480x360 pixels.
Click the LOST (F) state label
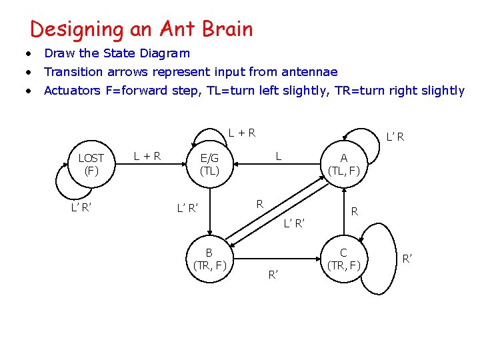(x=91, y=164)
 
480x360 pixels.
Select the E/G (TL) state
(x=209, y=164)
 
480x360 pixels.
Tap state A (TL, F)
(x=343, y=164)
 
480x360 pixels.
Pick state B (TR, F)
(x=209, y=259)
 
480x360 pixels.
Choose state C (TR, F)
(x=343, y=259)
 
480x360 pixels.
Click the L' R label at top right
(x=395, y=137)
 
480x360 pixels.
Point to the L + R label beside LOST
(x=147, y=157)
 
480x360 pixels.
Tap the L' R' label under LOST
(x=81, y=207)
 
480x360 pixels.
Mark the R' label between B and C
(x=273, y=273)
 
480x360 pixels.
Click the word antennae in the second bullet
(x=311, y=72)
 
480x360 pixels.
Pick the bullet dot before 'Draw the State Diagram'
(x=28, y=53)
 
